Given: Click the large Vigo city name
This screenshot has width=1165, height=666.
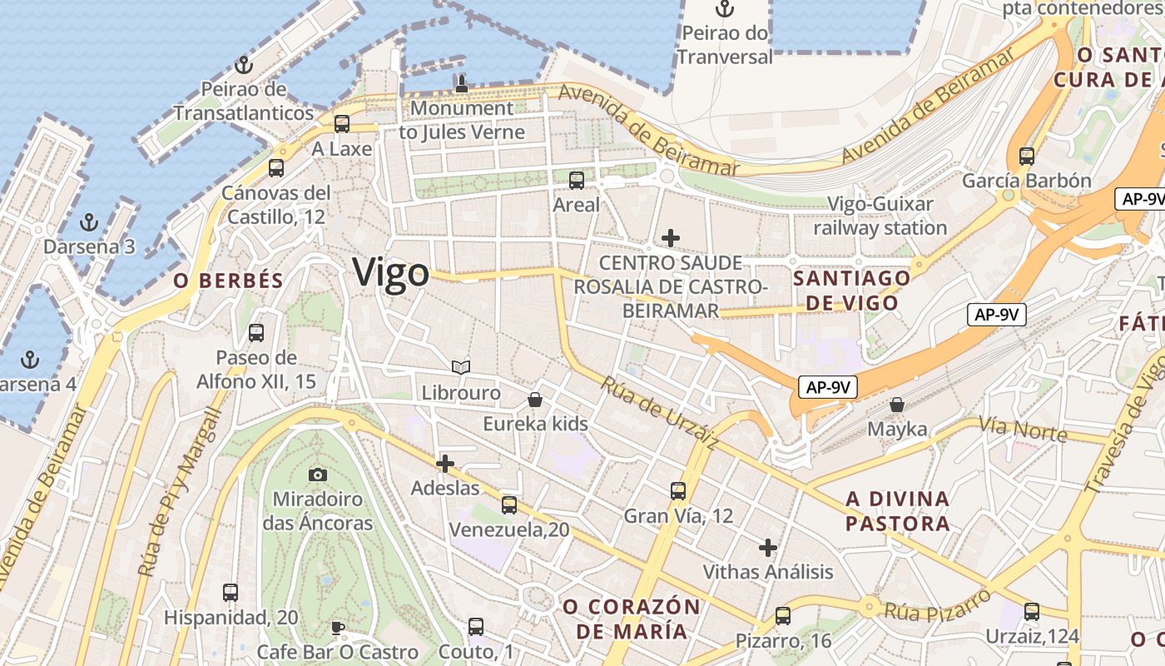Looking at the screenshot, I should (x=391, y=273).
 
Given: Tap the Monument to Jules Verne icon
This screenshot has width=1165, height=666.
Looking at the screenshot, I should (x=462, y=83).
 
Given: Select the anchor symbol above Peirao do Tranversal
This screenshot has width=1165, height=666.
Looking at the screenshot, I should (x=726, y=9).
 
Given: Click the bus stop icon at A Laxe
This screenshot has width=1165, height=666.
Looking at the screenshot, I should (x=342, y=124).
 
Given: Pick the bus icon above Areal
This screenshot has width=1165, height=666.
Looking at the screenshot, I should (x=577, y=180).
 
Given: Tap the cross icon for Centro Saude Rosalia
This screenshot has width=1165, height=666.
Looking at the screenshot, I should (x=670, y=238).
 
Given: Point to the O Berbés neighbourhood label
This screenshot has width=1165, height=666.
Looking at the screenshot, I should (x=229, y=281).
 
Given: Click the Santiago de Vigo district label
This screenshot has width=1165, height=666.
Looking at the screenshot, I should (x=851, y=290).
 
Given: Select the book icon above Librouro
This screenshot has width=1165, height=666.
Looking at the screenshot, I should (x=461, y=367).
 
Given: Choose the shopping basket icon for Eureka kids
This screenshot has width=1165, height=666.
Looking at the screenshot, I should (x=535, y=400).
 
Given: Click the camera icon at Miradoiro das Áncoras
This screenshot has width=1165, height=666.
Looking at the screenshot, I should (x=317, y=475).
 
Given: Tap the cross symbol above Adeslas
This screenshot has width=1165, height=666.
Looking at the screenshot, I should (x=445, y=463).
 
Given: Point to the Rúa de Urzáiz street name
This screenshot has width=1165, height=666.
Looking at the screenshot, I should (x=659, y=414).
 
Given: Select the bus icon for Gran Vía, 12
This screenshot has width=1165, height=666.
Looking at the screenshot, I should (x=678, y=491).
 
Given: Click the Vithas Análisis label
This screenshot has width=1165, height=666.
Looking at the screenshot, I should (x=768, y=572).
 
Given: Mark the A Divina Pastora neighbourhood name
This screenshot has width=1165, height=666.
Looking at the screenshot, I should (x=897, y=511).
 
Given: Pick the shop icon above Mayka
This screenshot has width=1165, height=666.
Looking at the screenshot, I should (x=897, y=405).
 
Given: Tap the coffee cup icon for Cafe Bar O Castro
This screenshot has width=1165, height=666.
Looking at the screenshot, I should (x=337, y=627).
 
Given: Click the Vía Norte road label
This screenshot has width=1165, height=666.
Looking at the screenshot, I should (x=1023, y=430).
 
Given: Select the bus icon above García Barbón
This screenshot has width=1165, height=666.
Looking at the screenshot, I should (x=1027, y=156).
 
